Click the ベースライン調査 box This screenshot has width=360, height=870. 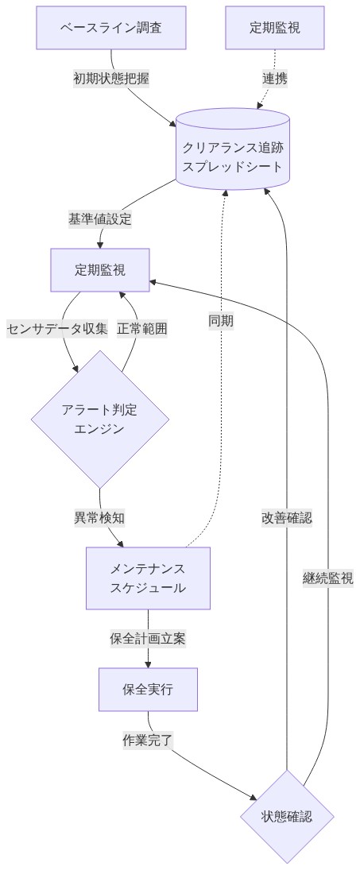[x=111, y=28]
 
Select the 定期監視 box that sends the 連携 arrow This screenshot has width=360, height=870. [x=275, y=28]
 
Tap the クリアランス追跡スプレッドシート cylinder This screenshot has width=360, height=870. [x=232, y=149]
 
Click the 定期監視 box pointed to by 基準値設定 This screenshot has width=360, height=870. [x=100, y=269]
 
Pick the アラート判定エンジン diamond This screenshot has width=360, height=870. [x=100, y=419]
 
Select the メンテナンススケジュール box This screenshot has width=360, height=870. [x=148, y=578]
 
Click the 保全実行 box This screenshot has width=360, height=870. [x=148, y=690]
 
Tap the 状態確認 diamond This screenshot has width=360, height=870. [x=287, y=816]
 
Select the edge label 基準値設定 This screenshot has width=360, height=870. [x=100, y=219]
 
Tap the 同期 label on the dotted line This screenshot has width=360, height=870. [x=221, y=321]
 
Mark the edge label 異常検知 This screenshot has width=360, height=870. [x=99, y=517]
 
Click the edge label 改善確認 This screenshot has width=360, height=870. [x=287, y=517]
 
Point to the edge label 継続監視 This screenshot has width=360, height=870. [x=328, y=578]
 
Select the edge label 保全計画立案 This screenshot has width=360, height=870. [x=148, y=638]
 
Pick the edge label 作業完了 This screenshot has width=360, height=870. [x=148, y=740]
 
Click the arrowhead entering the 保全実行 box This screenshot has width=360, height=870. [x=148, y=663]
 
